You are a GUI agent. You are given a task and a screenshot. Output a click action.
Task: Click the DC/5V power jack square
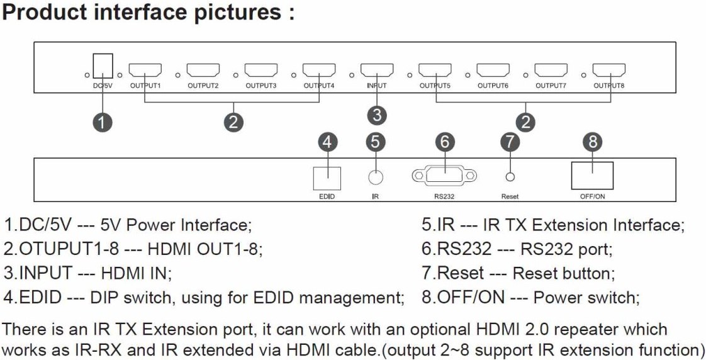click(x=103, y=65)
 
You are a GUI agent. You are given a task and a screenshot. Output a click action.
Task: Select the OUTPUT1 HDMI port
click(x=145, y=70)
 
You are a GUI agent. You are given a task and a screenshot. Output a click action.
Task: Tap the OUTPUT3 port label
click(x=261, y=86)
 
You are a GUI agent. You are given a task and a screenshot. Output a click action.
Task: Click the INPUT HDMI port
click(x=376, y=70)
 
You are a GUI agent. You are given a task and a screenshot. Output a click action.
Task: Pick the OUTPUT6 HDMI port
click(x=493, y=70)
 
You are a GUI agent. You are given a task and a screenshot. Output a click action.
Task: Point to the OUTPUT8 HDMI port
click(x=608, y=70)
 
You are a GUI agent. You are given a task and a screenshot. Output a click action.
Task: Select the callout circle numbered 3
click(x=376, y=115)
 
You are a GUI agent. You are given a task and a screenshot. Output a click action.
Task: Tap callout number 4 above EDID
click(x=325, y=142)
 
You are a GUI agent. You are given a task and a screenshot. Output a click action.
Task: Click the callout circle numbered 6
click(x=444, y=142)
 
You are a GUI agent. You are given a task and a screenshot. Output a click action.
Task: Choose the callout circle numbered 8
click(x=592, y=142)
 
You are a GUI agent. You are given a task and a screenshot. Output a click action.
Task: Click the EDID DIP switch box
click(x=325, y=177)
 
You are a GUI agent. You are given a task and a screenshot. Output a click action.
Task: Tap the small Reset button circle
click(x=510, y=178)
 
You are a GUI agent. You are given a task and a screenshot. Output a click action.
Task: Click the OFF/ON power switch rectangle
click(x=592, y=175)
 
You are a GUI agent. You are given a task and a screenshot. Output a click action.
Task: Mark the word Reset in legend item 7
click(x=461, y=273)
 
